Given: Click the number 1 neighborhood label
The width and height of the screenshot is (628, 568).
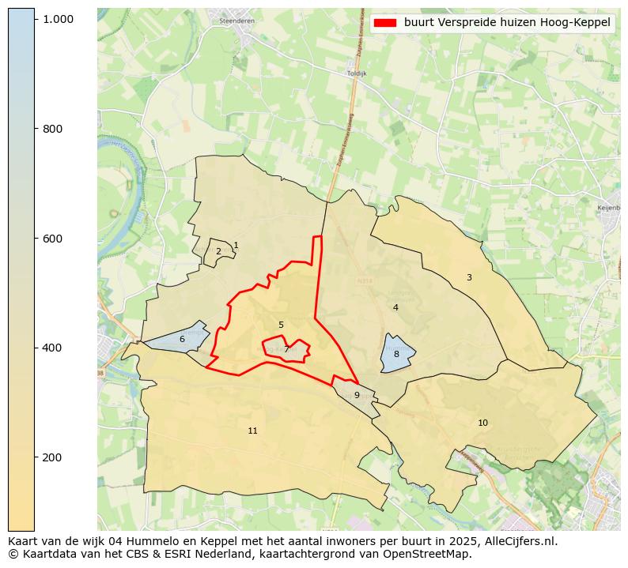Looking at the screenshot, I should (236, 246).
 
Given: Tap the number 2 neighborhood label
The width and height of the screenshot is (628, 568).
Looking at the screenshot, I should (218, 252).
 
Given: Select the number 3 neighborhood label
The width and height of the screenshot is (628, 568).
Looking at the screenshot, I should (469, 277).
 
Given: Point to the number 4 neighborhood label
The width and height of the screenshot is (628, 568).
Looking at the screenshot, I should (395, 307).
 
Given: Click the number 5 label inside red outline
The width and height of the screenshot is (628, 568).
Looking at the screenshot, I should (281, 325).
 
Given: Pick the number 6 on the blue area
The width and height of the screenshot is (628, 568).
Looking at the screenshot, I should (182, 340).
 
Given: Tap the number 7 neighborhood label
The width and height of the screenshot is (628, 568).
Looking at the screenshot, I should (286, 349).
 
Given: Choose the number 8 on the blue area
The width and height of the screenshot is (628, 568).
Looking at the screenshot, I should (396, 355).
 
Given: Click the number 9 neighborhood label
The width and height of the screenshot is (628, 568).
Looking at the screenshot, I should (357, 395).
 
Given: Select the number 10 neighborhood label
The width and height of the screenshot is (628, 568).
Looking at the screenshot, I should (482, 423).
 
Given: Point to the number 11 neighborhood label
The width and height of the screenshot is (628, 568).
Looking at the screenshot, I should (252, 431).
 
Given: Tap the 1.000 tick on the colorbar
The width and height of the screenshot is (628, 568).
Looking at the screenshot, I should (58, 19).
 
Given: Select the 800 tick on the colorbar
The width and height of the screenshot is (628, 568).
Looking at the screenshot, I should (52, 129).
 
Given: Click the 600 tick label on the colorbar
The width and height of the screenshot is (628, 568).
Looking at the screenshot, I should (52, 239).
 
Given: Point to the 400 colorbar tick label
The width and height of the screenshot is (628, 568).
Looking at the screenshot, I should (52, 348).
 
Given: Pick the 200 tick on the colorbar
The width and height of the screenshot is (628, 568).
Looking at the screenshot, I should (52, 457).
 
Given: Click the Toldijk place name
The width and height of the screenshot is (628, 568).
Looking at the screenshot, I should (357, 73).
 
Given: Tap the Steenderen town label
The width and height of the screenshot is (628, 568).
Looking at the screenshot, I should (235, 21).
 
